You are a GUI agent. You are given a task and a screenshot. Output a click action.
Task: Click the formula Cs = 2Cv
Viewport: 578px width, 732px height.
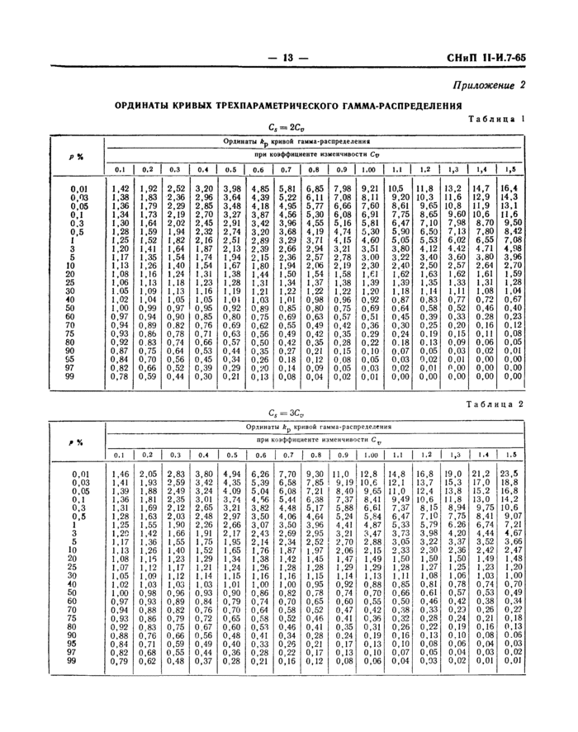[x=286, y=126]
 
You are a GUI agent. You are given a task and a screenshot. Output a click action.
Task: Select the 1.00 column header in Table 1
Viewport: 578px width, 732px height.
[x=369, y=169]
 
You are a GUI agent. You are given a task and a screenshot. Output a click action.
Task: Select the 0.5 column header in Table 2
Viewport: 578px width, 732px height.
[x=232, y=454]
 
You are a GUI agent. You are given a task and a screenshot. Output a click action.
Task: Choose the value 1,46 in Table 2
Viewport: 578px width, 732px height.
[x=120, y=474]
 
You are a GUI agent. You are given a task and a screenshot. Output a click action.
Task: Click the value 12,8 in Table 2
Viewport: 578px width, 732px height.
[x=369, y=474]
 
